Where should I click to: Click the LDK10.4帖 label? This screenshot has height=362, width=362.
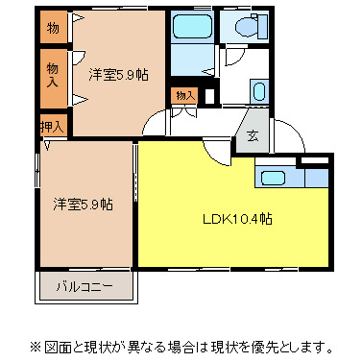[x=236, y=220]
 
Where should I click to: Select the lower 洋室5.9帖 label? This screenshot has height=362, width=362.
[x=83, y=205]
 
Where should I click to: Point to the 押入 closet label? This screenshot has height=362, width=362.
[x=52, y=127]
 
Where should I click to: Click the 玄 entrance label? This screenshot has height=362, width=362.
[x=252, y=135]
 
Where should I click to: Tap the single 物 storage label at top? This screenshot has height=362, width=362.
[x=53, y=28]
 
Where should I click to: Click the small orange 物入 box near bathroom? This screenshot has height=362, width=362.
[x=184, y=94]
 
